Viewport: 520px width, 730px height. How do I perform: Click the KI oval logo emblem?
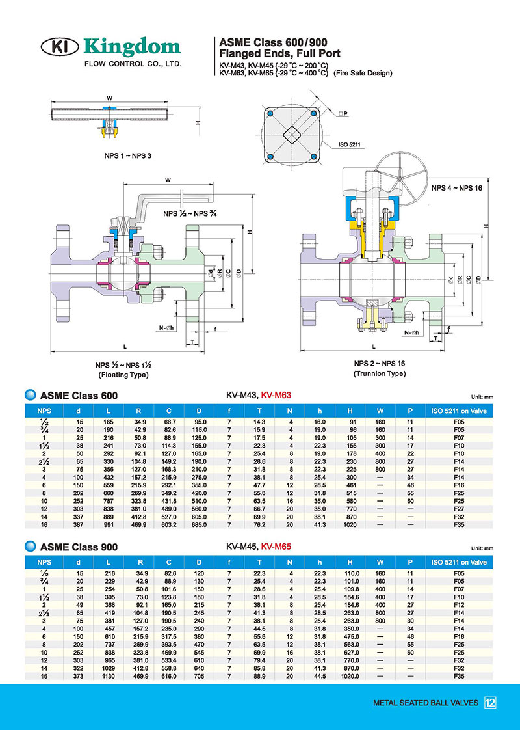(x=61, y=47)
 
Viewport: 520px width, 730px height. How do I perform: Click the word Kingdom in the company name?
(x=132, y=46)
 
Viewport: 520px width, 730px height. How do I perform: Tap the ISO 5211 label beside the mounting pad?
(x=349, y=144)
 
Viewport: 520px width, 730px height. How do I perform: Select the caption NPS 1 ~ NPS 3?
(x=127, y=156)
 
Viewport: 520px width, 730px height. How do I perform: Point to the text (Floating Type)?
(x=123, y=375)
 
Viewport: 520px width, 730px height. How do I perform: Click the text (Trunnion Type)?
(x=379, y=373)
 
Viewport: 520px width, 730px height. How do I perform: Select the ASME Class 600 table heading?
(x=79, y=395)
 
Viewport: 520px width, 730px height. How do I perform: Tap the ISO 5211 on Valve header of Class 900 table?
(x=459, y=561)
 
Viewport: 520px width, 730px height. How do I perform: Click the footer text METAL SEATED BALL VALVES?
(x=426, y=703)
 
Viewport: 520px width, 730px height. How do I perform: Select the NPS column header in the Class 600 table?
(x=45, y=411)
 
